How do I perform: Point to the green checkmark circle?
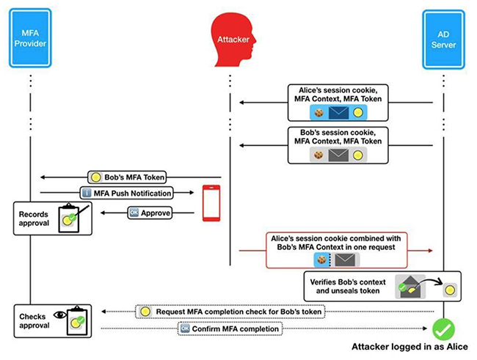click(x=444, y=327)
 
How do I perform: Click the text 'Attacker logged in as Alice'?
click(x=411, y=346)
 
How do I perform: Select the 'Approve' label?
click(x=150, y=213)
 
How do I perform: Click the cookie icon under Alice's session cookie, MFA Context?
click(x=318, y=113)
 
